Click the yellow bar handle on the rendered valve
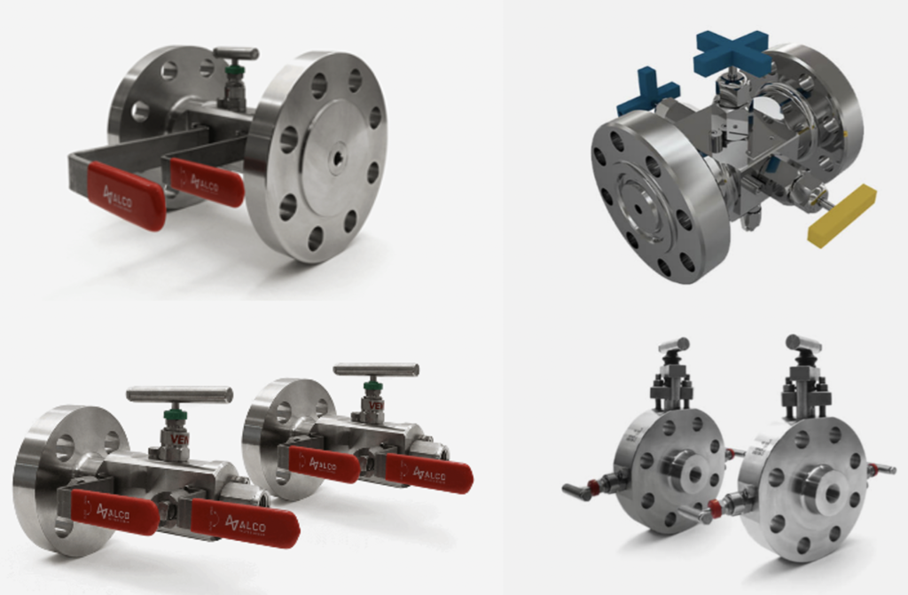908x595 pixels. click(x=841, y=215)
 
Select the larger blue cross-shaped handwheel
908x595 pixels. click(x=732, y=52)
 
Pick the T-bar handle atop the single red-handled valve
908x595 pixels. click(x=236, y=54)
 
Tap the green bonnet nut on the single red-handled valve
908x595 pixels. click(x=235, y=72)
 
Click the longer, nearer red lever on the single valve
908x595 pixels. click(x=125, y=195)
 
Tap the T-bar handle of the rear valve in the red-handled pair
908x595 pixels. click(x=376, y=369)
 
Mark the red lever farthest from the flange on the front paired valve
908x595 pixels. click(x=244, y=522)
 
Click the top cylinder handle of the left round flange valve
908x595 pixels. click(x=673, y=345)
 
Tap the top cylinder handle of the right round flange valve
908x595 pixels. click(x=802, y=342)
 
